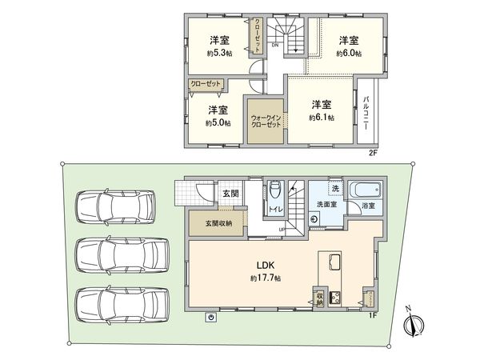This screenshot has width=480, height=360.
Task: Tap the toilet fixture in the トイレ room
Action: pos(274,190)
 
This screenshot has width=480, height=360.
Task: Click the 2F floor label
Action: pos(373,152)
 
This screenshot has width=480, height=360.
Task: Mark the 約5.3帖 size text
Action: pos(218,53)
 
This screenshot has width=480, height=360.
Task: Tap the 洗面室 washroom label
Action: pos(325,204)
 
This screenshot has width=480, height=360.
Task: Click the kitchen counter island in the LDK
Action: pos(332,267)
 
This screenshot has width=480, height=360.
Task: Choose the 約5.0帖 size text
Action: pos(218,123)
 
